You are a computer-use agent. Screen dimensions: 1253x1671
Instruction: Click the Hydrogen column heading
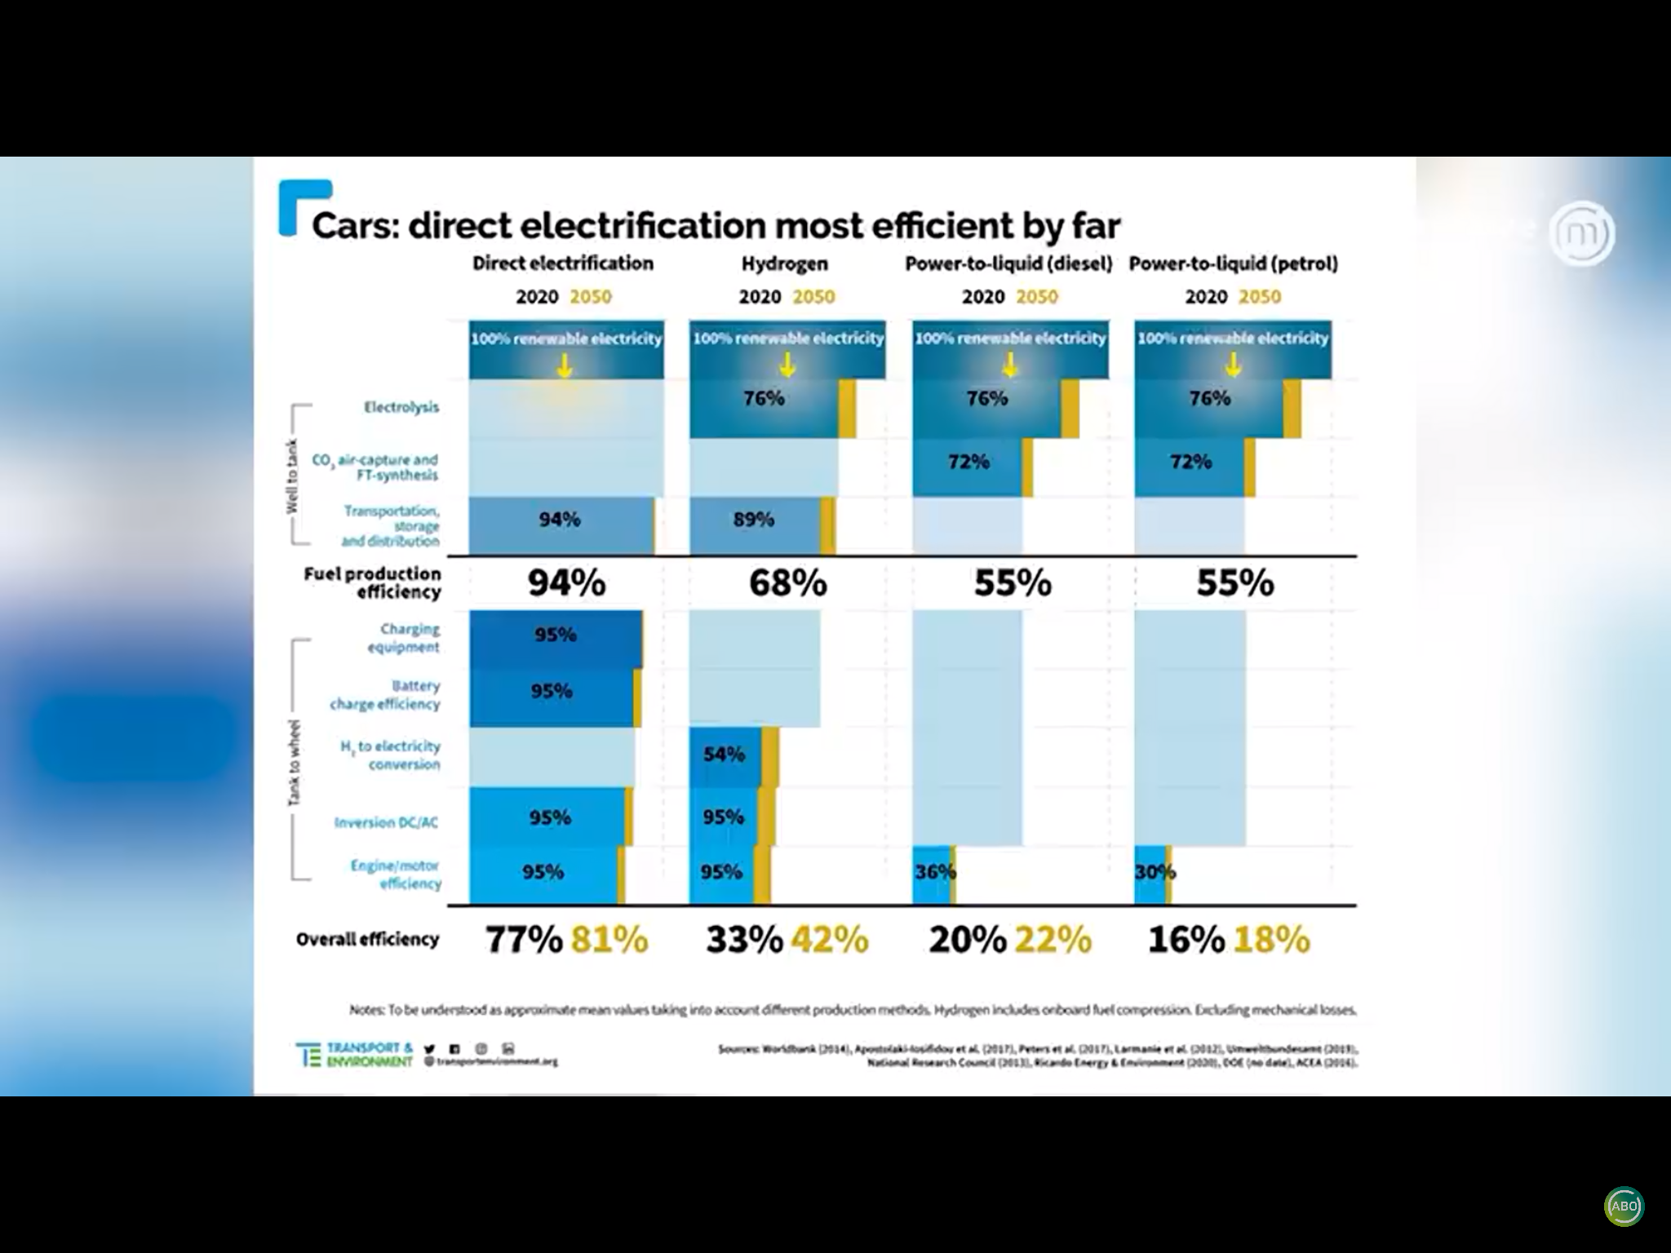click(784, 264)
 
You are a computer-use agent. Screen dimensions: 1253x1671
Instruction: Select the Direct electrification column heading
click(563, 263)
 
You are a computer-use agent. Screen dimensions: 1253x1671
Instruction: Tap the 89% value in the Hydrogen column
click(753, 520)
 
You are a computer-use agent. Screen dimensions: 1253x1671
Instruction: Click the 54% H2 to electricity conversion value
click(724, 755)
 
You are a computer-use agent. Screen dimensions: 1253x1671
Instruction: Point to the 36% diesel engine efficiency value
click(934, 872)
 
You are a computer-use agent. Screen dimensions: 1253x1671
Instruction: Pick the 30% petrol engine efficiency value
click(1155, 872)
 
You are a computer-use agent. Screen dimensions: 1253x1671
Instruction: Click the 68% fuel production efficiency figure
click(787, 583)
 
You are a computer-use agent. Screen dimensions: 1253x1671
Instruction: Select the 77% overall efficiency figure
click(524, 940)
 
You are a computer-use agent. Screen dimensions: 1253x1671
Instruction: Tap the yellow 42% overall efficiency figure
click(828, 940)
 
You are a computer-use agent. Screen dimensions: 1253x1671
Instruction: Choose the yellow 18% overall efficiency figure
click(1271, 940)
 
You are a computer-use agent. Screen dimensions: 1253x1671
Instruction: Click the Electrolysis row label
click(401, 407)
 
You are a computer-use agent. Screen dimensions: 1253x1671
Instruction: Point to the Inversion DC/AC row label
click(386, 822)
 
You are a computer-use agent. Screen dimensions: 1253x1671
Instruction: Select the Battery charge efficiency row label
click(385, 695)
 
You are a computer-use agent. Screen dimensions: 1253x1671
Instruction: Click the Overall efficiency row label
click(367, 940)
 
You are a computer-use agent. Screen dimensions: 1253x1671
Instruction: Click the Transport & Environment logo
click(355, 1054)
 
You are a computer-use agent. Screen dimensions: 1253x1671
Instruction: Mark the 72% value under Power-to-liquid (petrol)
click(1190, 462)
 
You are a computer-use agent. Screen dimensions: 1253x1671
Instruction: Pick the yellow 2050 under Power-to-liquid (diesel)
click(1037, 297)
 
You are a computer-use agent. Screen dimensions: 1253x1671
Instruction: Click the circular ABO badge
click(1624, 1207)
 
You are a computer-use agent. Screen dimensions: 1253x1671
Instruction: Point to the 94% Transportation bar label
click(560, 520)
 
